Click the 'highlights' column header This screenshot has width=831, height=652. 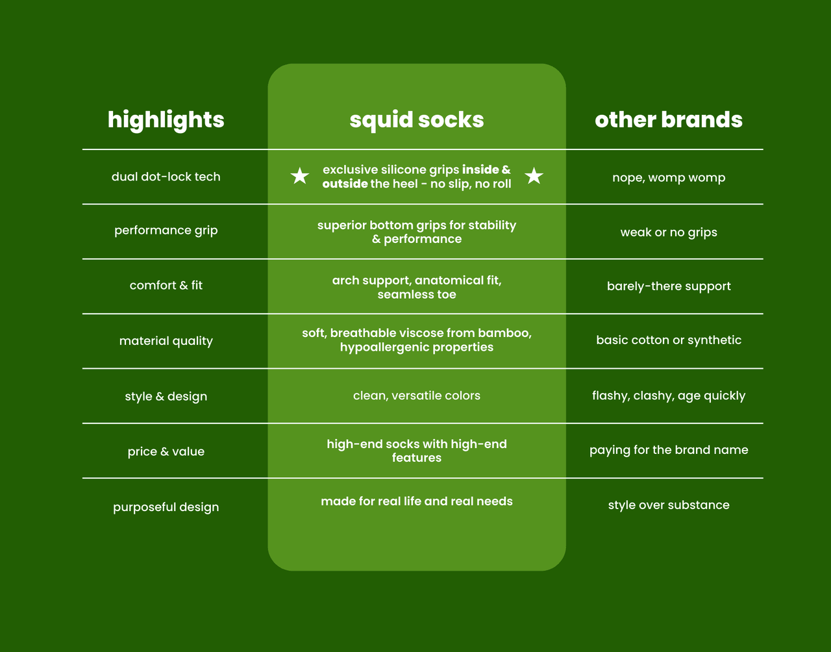click(x=166, y=120)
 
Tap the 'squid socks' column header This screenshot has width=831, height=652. click(x=417, y=120)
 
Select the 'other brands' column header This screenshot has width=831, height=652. click(x=669, y=120)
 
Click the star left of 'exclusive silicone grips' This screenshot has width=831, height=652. click(x=299, y=176)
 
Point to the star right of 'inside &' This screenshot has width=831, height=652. click(x=534, y=176)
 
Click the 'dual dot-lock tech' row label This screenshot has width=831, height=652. click(x=166, y=177)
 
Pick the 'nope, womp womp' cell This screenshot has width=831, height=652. click(x=669, y=177)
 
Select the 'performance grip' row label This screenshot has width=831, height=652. click(x=166, y=231)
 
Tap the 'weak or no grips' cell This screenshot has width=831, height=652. click(x=669, y=232)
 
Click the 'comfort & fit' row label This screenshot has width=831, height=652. click(x=166, y=285)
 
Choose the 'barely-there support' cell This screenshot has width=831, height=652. click(x=669, y=286)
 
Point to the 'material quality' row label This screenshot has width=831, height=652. click(x=166, y=341)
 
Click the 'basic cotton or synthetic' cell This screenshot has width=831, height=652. click(x=669, y=340)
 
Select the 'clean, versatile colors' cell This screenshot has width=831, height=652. click(x=417, y=395)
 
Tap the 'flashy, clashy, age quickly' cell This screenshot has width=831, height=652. click(x=669, y=395)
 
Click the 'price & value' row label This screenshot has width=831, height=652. click(x=166, y=451)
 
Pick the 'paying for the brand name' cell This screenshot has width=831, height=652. click(x=669, y=450)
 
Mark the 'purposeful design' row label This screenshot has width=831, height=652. click(x=166, y=507)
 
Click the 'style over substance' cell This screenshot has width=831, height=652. click(x=669, y=505)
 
